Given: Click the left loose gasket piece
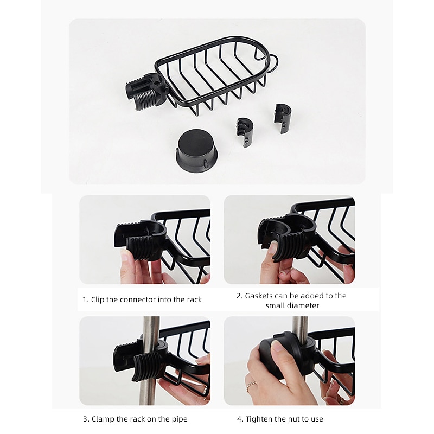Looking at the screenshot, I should coord(245,132).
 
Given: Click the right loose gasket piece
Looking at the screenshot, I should coord(282,118).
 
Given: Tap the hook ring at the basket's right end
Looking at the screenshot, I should coord(276,63).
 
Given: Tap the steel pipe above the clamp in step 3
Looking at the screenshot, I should coord(150,329).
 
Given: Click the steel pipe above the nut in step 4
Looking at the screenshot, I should coord(300,326).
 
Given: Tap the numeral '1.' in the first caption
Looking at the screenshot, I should coord(85,299).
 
